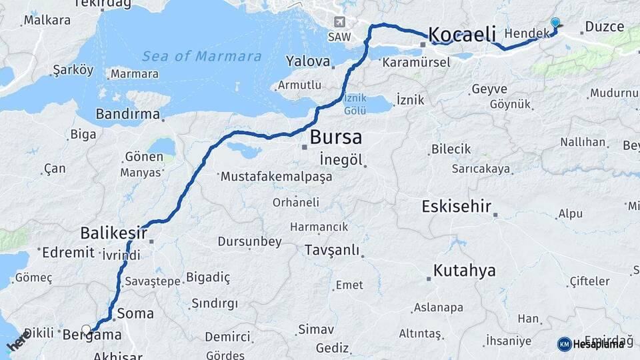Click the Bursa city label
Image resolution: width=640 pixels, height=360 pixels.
tap(336, 138)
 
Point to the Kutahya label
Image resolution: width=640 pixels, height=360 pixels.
tap(465, 271)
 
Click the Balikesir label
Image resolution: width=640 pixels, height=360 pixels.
tap(113, 233)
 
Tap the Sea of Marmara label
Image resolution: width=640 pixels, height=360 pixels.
tap(201, 56)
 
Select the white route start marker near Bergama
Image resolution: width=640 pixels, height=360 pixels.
tap(86, 329)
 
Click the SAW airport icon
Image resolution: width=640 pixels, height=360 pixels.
tap(340, 22)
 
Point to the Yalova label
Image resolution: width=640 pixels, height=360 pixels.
tap(308, 62)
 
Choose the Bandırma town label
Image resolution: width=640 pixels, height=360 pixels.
tap(127, 114)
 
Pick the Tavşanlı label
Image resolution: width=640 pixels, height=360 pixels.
tap(331, 251)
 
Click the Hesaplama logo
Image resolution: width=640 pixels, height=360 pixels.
tap(591, 344)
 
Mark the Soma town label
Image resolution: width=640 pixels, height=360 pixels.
tap(135, 313)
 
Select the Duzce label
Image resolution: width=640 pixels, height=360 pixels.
tap(603, 27)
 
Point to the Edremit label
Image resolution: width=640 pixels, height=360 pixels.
tap(68, 253)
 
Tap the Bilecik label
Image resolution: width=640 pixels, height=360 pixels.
tap(451, 149)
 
